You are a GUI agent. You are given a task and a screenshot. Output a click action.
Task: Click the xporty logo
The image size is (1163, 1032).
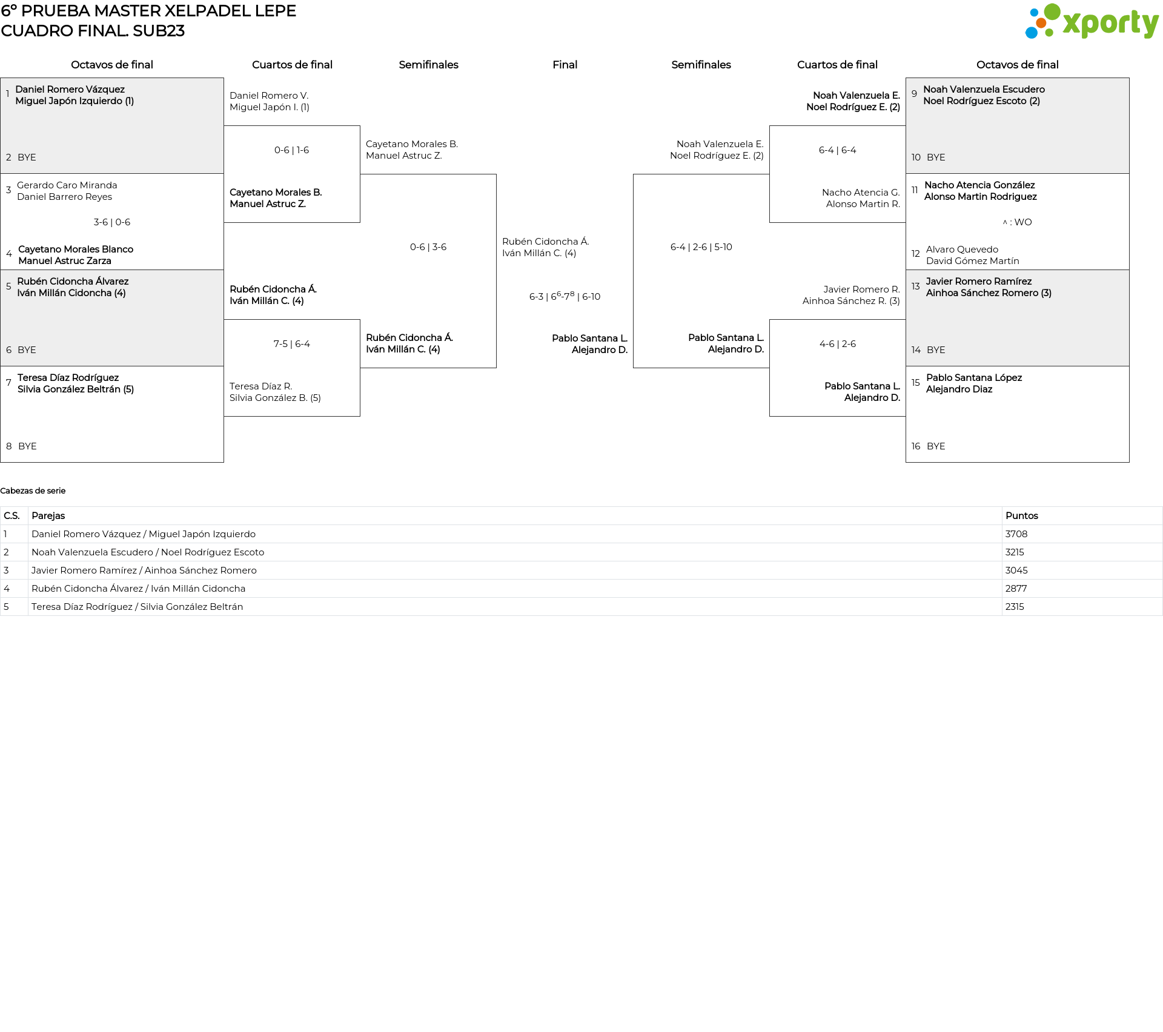1092,22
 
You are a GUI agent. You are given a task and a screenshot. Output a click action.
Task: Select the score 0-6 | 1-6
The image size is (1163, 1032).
291,150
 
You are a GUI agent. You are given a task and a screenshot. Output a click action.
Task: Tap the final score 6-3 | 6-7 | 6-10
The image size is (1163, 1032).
565,296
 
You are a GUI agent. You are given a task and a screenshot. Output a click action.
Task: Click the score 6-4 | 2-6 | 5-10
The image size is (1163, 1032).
701,247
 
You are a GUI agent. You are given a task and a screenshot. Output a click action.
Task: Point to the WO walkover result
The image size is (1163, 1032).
1018,222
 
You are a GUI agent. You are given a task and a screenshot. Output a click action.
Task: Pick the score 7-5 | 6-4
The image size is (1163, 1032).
291,344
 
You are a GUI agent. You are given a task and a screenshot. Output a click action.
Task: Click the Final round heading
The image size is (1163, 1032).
565,65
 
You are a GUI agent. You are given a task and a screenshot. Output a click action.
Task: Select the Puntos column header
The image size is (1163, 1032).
1021,516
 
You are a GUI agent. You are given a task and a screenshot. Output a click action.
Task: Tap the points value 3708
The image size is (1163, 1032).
1016,534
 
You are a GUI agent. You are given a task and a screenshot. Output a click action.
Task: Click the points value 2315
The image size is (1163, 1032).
1015,607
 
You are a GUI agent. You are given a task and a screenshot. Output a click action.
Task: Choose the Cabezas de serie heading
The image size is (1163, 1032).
33,491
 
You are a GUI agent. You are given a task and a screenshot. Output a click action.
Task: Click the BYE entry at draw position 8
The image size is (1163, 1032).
27,446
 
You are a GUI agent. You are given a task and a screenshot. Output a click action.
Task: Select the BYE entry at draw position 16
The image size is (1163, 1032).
936,446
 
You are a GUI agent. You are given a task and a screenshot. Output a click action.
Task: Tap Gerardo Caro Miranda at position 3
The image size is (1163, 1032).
67,185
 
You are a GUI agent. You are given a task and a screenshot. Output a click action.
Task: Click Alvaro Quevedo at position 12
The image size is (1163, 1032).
962,250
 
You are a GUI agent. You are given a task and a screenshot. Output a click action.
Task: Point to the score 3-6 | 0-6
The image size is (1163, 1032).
112,222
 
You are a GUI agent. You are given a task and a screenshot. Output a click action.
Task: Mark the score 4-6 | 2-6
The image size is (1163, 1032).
837,344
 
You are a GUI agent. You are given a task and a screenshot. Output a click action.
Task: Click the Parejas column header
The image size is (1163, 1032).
48,516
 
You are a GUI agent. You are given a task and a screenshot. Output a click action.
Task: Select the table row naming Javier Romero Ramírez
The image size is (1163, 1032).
144,571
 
